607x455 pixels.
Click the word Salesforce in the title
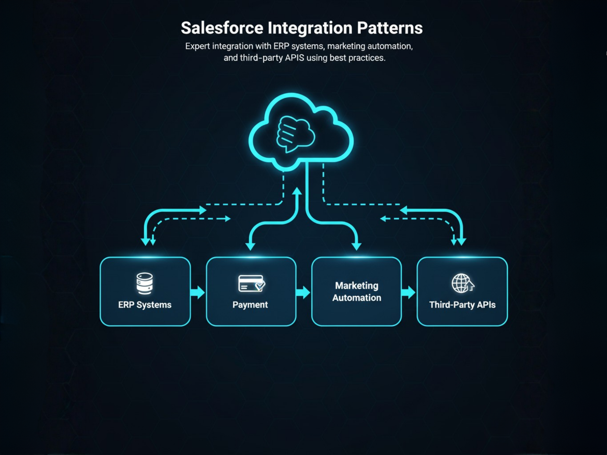(x=222, y=28)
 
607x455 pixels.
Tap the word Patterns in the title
(x=390, y=28)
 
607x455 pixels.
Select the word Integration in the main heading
(x=310, y=28)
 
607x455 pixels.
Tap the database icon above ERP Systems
(x=144, y=283)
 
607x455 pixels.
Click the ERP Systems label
(x=145, y=305)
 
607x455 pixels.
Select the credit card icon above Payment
(x=251, y=283)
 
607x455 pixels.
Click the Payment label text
(x=250, y=305)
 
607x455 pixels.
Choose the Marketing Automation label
(x=357, y=292)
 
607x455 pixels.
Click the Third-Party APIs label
(x=462, y=305)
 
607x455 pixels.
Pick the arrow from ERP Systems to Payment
(x=198, y=292)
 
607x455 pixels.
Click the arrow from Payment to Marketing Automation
(x=303, y=292)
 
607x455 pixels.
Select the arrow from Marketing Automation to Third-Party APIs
(x=409, y=292)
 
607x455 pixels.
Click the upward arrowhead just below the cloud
(x=297, y=191)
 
